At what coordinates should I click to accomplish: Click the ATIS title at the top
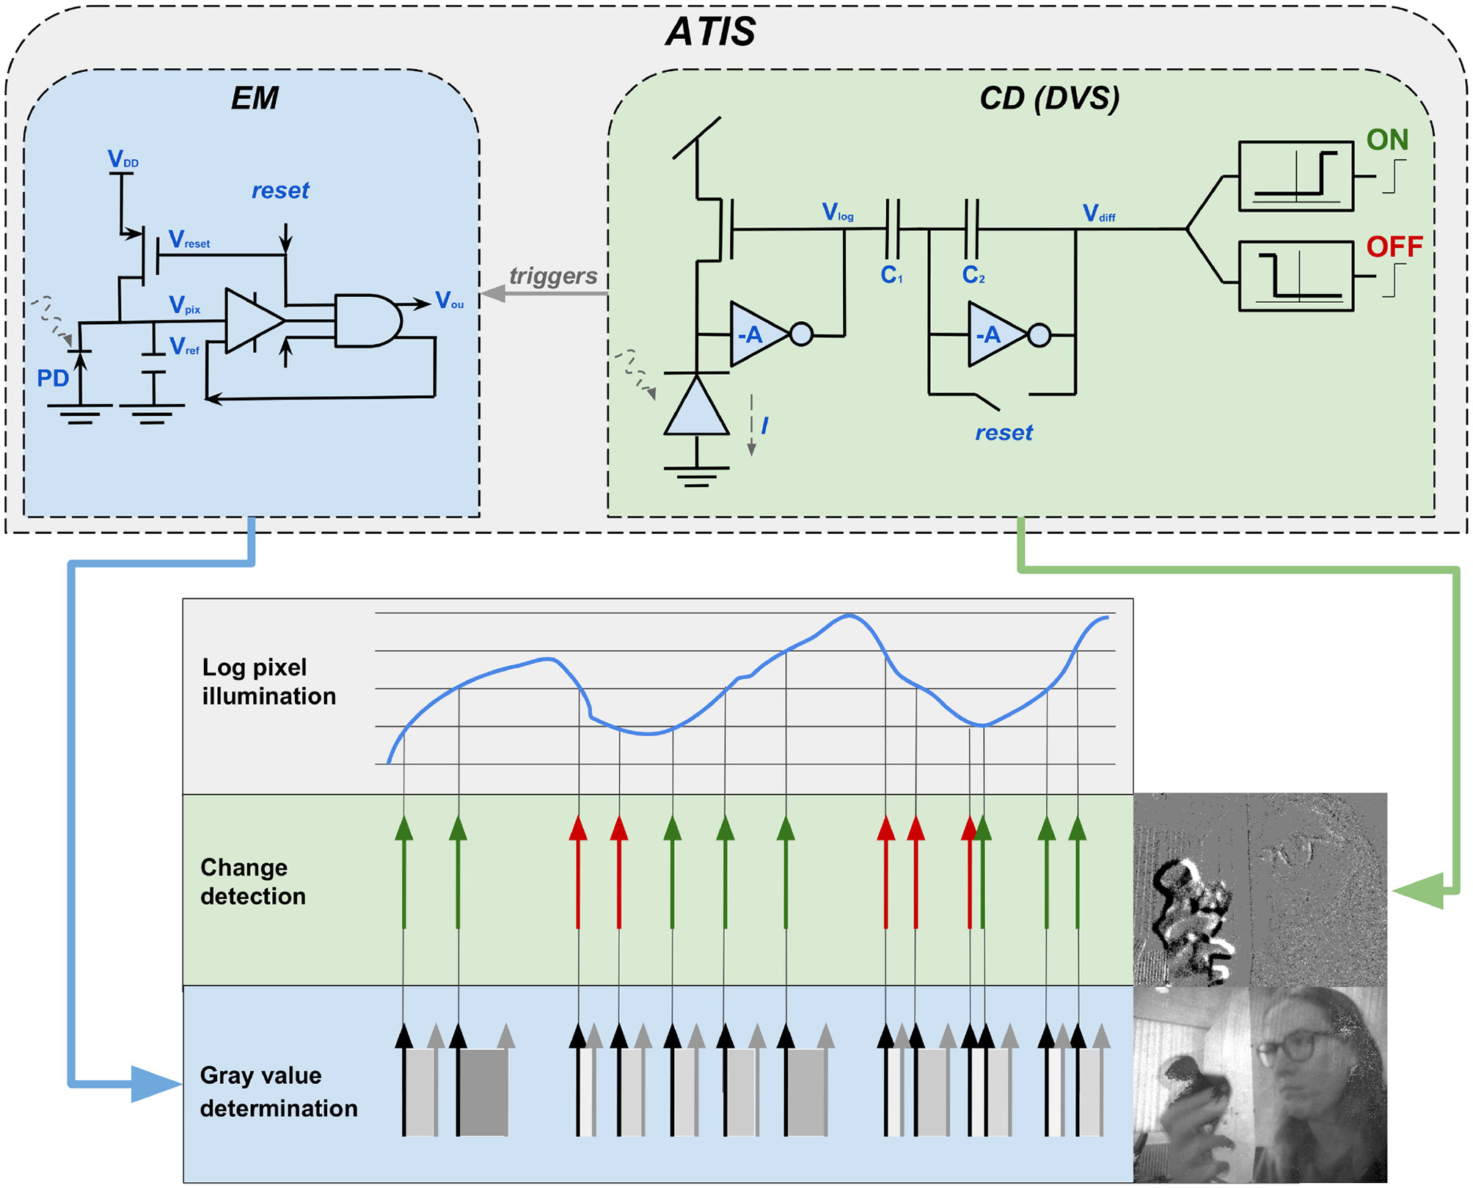pyautogui.click(x=710, y=32)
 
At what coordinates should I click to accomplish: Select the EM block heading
pyautogui.click(x=254, y=98)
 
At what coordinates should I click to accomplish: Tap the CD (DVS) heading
pyautogui.click(x=1049, y=98)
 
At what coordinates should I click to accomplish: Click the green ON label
pyautogui.click(x=1386, y=140)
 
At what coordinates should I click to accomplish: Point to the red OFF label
pyautogui.click(x=1394, y=247)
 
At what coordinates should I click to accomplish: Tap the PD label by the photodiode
pyautogui.click(x=53, y=378)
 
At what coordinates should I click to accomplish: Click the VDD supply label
pyautogui.click(x=122, y=159)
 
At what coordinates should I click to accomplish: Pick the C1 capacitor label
pyautogui.click(x=891, y=275)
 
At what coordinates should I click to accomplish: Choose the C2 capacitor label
pyautogui.click(x=973, y=275)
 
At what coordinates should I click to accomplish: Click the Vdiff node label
pyautogui.click(x=1098, y=214)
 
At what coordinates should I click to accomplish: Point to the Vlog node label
pyautogui.click(x=837, y=213)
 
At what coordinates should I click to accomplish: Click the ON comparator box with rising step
pyautogui.click(x=1295, y=177)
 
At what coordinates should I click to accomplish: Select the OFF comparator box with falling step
pyautogui.click(x=1295, y=276)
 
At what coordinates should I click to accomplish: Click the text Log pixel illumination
pyautogui.click(x=268, y=681)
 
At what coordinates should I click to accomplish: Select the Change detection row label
pyautogui.click(x=252, y=881)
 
